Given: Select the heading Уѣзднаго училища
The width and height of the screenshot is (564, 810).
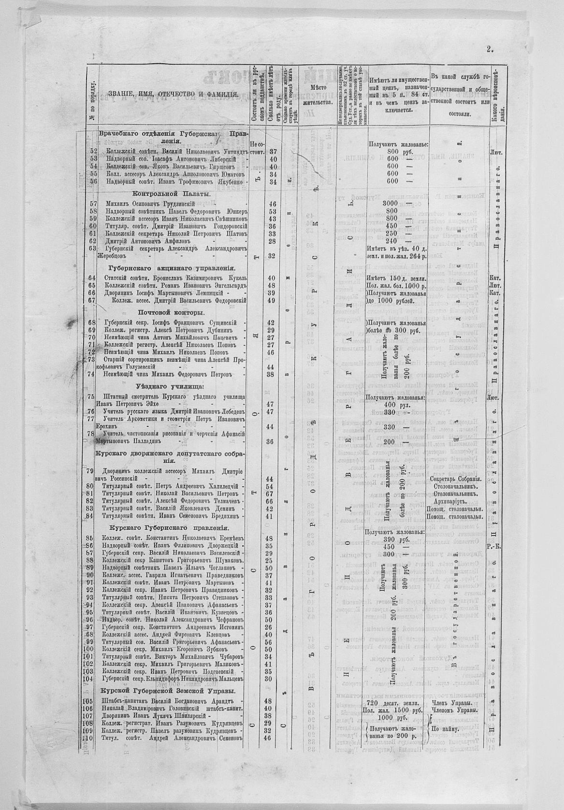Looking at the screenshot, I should (x=169, y=386).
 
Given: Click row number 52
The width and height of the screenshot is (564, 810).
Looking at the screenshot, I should (x=94, y=151).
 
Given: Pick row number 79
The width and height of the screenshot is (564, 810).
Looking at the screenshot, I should (x=89, y=470).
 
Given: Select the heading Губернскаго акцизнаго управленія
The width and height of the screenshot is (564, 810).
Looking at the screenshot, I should (x=172, y=268).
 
